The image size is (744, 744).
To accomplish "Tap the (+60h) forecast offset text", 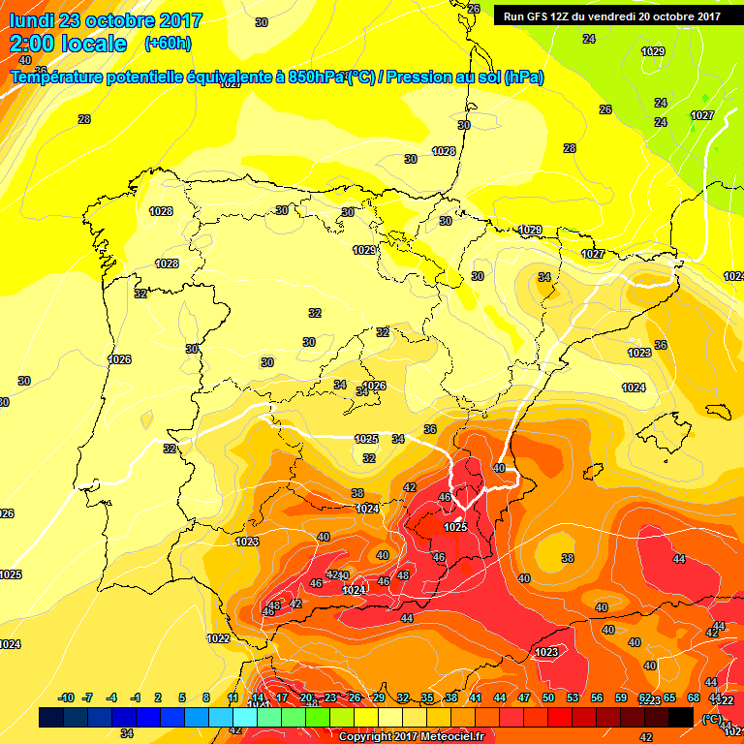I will [168, 44].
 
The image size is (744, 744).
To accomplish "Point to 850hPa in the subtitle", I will [316, 77].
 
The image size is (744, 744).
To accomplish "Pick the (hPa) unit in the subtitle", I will [523, 77].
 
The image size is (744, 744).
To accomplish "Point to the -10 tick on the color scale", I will [66, 697].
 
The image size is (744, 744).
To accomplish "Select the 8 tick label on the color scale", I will [206, 697].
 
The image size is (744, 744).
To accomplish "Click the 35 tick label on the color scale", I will [427, 697].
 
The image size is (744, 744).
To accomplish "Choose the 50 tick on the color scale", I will [548, 697].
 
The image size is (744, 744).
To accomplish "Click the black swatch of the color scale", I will [681, 717].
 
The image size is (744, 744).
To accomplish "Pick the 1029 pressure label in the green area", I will [653, 51].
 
